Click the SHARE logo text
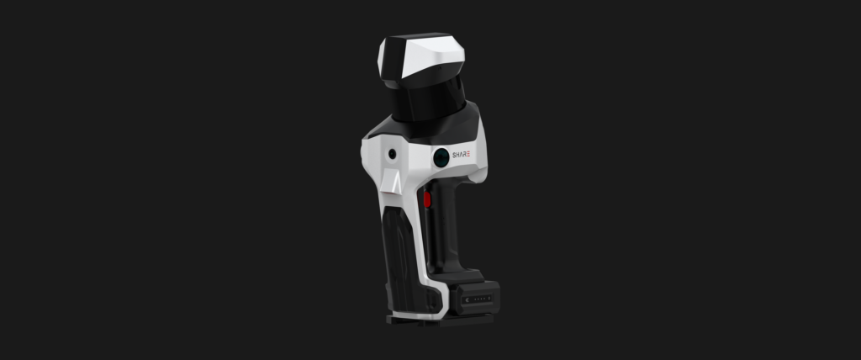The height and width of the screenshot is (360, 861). (x=461, y=155)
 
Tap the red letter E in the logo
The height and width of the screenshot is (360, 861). (x=467, y=155)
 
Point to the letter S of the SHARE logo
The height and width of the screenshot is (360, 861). (x=454, y=155)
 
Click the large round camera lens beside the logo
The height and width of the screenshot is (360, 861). (x=441, y=158)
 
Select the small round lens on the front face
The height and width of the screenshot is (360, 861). (x=392, y=155)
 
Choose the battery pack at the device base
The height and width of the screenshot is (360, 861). (x=476, y=298)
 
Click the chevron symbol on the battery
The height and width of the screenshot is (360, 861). (x=466, y=299)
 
